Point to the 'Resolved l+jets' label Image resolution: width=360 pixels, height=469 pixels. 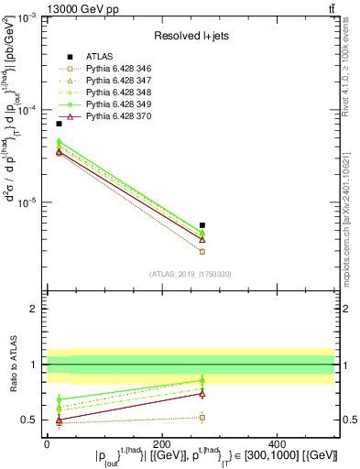(x=190, y=35)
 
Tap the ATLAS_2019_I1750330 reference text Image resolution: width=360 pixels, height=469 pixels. (x=190, y=274)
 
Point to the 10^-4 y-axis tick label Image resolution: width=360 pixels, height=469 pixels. (x=27, y=110)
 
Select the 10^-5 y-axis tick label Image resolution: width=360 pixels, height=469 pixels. (x=27, y=202)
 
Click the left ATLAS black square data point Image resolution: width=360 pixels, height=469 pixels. (x=59, y=124)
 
